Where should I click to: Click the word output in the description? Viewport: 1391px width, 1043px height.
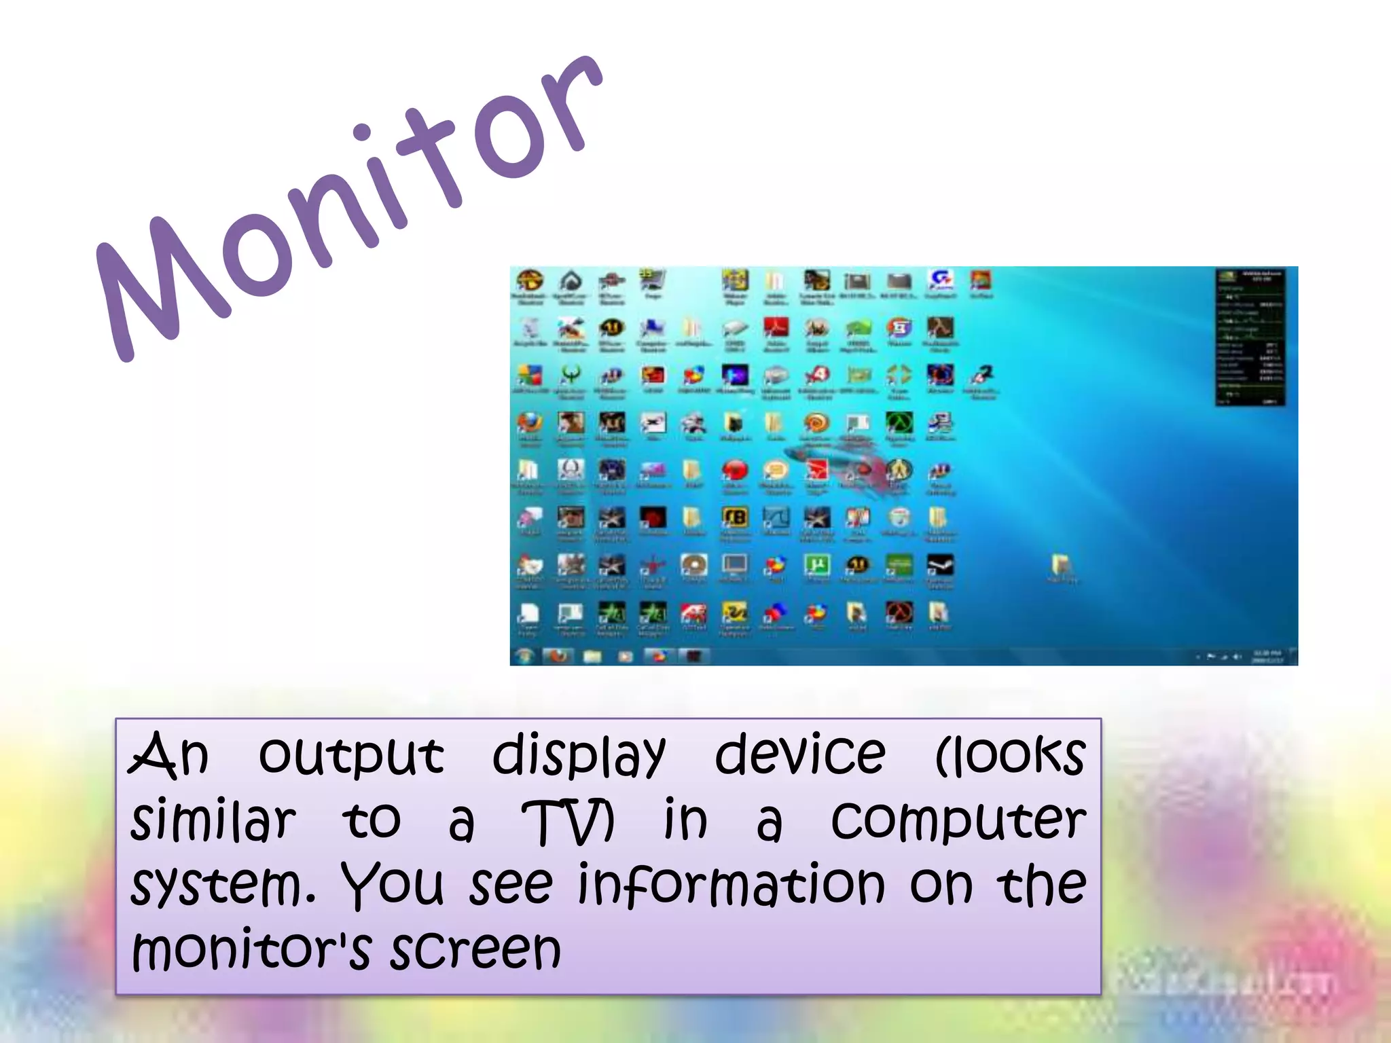[351, 756]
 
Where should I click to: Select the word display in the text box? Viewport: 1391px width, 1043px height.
[579, 756]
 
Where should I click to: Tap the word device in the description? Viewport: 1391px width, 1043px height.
[800, 754]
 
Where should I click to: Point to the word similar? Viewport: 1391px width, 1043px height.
[213, 820]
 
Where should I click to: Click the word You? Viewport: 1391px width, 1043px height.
[393, 885]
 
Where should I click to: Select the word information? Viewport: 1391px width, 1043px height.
[731, 885]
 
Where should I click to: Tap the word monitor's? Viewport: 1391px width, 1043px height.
[251, 949]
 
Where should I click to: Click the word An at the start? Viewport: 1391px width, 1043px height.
[168, 754]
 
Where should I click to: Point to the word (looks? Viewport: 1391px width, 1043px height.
[1011, 754]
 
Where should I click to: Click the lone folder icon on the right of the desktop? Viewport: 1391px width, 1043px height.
[1061, 564]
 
